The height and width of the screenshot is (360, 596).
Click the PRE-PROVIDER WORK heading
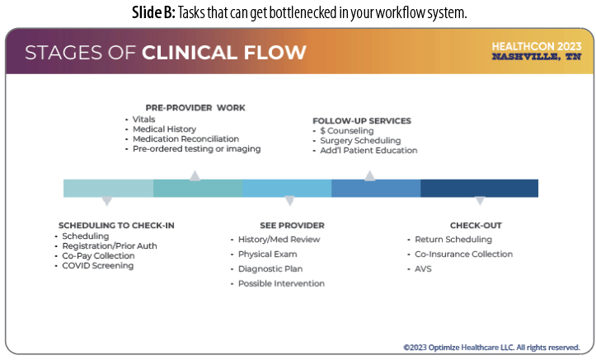coord(195,108)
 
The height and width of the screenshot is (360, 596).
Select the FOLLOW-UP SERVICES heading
coord(361,120)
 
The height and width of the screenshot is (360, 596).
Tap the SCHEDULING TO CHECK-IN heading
coord(116,225)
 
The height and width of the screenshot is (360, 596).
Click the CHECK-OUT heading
coord(476,225)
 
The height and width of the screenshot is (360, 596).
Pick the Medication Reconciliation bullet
coord(185,139)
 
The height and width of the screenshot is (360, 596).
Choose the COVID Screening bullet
coord(97,265)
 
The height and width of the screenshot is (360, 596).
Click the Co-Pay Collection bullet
coord(98,255)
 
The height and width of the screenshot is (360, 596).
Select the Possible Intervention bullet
coord(281,283)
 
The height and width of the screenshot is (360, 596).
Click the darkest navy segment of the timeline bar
coord(479,188)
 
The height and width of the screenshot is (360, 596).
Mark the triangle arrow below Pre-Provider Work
coord(195,175)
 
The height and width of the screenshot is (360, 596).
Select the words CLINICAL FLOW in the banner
coord(224,54)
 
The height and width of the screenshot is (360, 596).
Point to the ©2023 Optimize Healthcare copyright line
coord(491,348)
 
